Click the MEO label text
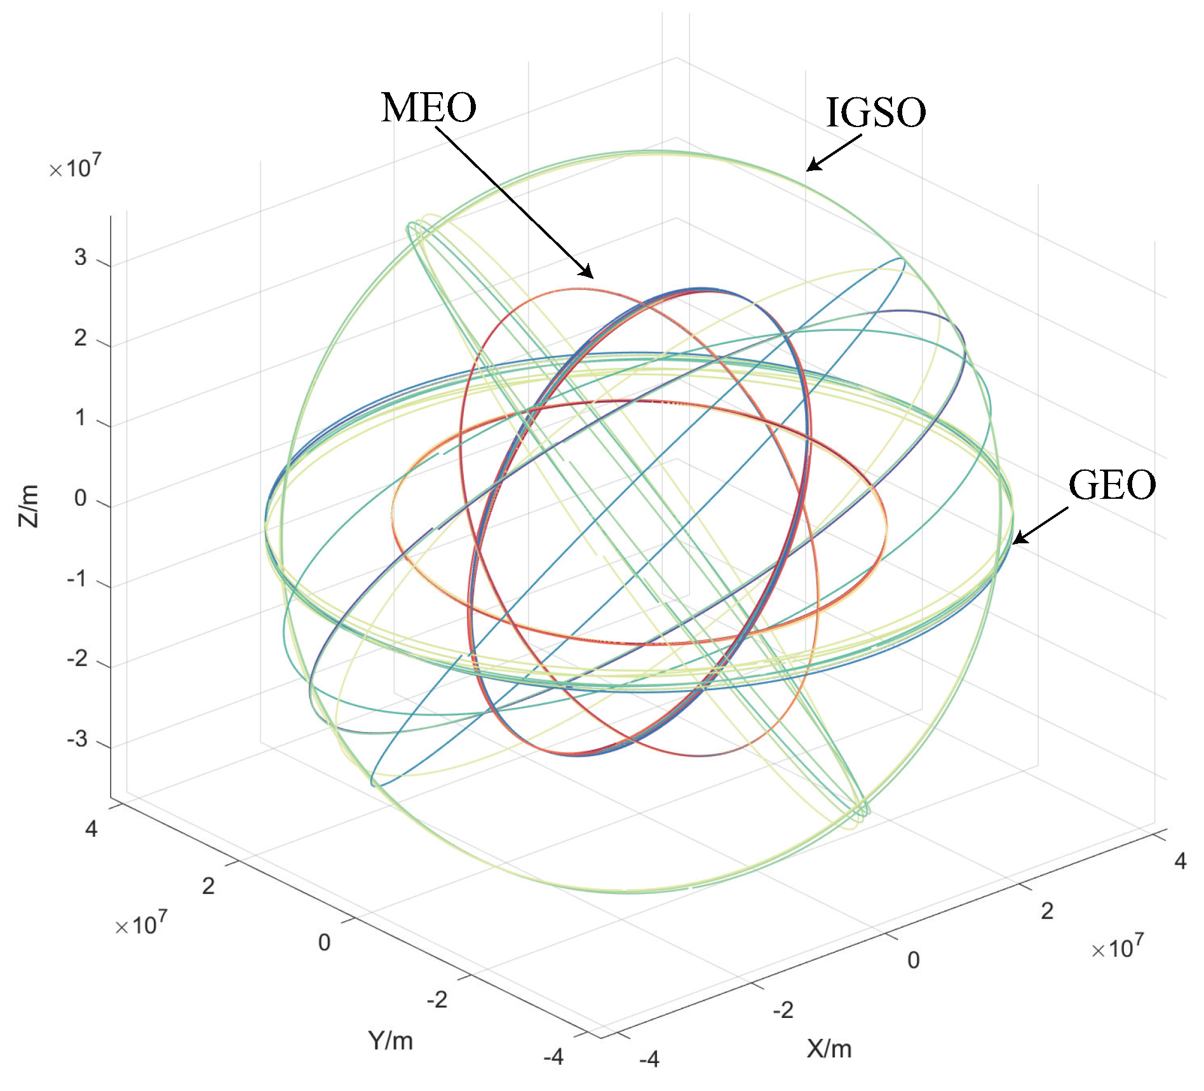click(x=428, y=107)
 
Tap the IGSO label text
click(x=876, y=112)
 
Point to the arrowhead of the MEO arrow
click(x=590, y=275)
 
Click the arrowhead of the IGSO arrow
click(x=810, y=168)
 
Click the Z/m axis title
click(x=29, y=506)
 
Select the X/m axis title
click(x=829, y=1048)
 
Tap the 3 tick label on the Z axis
click(x=80, y=257)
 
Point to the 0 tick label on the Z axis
click(x=80, y=498)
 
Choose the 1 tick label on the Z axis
click(x=80, y=418)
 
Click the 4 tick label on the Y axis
click(x=91, y=829)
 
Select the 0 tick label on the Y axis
click(x=324, y=942)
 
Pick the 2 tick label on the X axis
click(x=1047, y=911)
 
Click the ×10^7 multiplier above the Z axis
click(x=75, y=167)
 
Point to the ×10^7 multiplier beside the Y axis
click(x=141, y=924)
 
